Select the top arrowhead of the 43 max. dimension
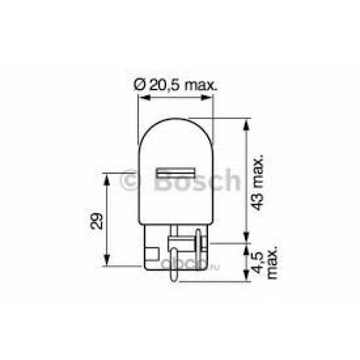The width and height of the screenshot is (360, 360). click(247, 124)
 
